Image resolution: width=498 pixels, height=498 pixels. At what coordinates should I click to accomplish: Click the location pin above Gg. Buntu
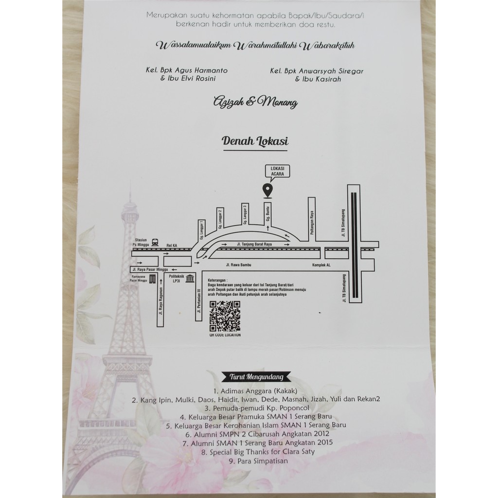pos(267,191)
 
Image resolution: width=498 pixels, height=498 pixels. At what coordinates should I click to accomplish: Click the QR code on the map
pos(225,316)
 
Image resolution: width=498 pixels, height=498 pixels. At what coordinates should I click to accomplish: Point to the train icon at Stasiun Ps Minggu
pos(154,241)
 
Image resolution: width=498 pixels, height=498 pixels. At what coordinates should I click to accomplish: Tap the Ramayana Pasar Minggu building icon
pos(152,279)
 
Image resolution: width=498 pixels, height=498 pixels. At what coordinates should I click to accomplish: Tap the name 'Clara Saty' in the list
pos(298,451)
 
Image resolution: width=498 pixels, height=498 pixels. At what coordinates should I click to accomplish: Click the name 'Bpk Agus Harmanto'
pos(193,70)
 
